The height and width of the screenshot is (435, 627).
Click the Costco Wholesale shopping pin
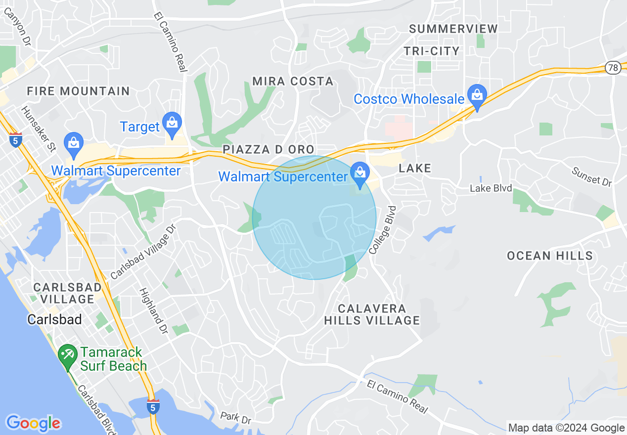point(477,97)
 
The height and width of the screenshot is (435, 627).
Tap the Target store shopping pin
point(172,125)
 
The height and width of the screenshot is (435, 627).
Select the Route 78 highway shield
point(613,68)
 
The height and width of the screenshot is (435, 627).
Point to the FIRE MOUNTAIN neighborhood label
point(78,91)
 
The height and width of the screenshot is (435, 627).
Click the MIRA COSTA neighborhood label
point(293,82)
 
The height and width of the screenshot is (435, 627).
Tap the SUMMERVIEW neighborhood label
point(453,29)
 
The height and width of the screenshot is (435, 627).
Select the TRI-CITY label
point(431,51)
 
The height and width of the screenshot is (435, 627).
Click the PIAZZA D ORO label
point(269,149)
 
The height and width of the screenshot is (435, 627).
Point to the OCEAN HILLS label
point(549,256)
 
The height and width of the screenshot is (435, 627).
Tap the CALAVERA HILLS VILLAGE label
point(372,314)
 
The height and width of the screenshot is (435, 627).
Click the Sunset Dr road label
point(591,176)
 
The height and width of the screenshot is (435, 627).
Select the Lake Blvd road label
point(491,188)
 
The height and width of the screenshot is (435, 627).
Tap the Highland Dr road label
point(153,311)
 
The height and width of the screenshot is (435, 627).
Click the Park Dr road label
point(235,418)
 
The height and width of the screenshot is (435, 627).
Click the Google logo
point(33,423)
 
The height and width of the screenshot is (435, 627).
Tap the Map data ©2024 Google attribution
point(566,428)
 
